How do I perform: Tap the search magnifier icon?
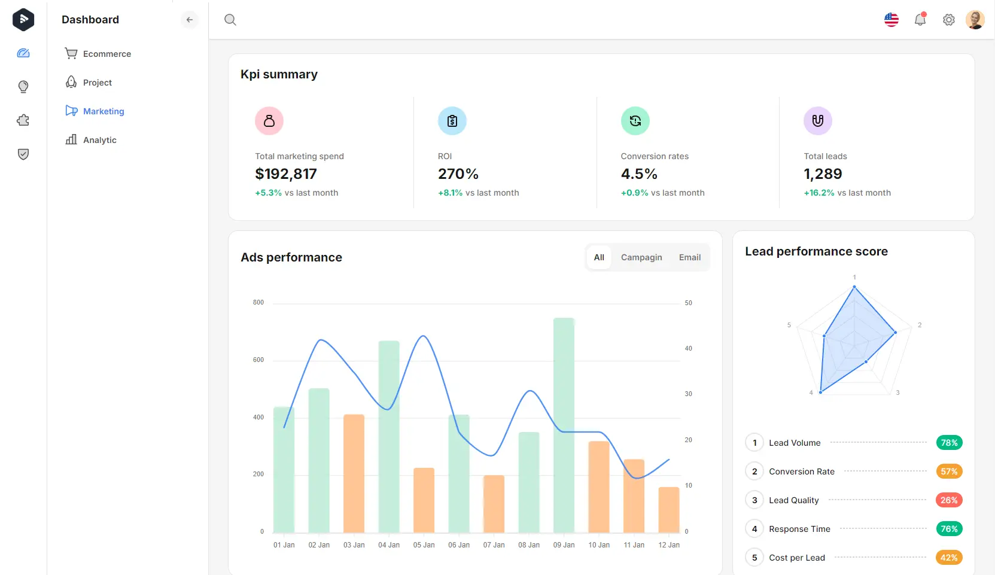tap(230, 20)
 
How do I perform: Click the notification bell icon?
tap(920, 20)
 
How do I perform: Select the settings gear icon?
tap(948, 20)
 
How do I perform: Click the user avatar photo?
tap(975, 20)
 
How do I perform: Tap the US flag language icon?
tap(891, 20)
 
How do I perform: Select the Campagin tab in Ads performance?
tap(641, 257)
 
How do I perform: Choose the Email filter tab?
tap(689, 257)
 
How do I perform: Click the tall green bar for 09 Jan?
tap(564, 425)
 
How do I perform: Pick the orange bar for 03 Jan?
tap(354, 473)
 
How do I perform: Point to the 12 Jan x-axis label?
tap(668, 545)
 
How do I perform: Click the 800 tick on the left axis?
tap(258, 303)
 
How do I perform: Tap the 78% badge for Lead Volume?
tap(948, 443)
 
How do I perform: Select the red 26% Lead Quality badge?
tap(948, 500)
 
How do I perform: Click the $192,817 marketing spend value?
tap(286, 174)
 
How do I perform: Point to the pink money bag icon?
tap(269, 121)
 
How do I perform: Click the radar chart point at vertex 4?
tap(820, 393)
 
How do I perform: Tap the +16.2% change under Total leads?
tap(818, 193)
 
